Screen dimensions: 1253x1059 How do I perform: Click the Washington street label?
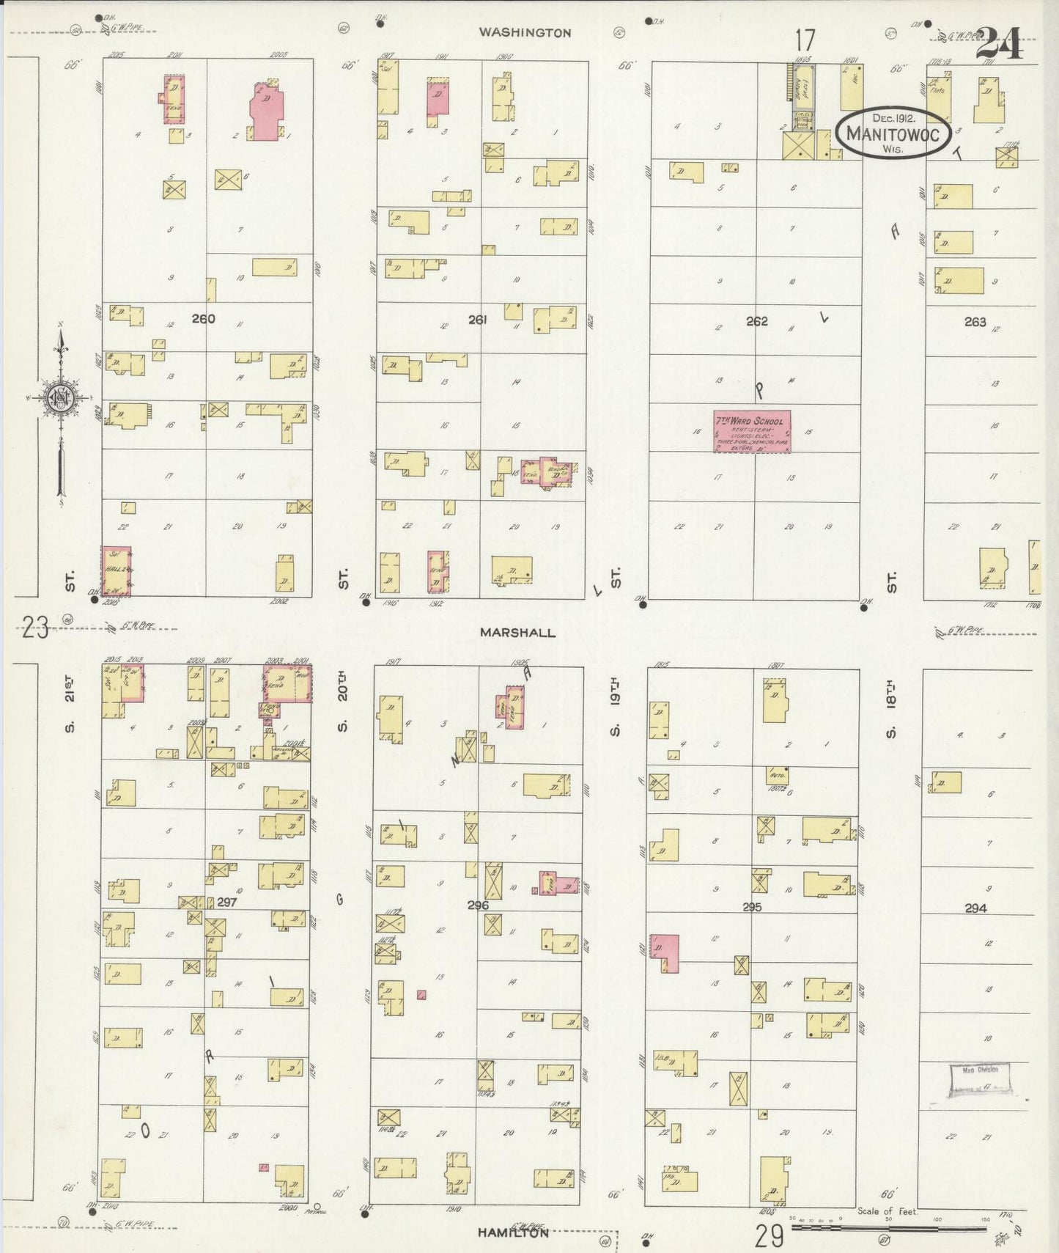[x=525, y=33]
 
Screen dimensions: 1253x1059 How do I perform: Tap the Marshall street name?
[x=517, y=632]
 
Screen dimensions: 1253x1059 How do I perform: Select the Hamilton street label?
[x=512, y=1232]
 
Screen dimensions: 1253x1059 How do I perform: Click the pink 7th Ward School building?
[x=752, y=431]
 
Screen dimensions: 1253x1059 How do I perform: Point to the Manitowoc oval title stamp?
[x=893, y=133]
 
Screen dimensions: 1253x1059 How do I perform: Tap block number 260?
[x=203, y=319]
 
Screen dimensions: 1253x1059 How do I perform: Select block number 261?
[x=477, y=320]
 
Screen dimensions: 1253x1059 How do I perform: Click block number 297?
[x=226, y=902]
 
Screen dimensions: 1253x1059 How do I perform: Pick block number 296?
[x=478, y=905]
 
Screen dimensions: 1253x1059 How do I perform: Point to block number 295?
[x=752, y=907]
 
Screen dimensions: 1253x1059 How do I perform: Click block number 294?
[x=975, y=908]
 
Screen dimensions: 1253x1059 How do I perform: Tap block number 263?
[x=975, y=321]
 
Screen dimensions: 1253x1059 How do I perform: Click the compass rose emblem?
[x=59, y=398]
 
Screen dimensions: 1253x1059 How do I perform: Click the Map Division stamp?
[x=981, y=1079]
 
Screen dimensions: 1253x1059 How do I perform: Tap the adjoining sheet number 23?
[x=35, y=628]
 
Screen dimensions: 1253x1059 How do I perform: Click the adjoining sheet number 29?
[x=769, y=1237]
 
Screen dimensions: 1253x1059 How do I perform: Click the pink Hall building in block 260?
[x=116, y=571]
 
